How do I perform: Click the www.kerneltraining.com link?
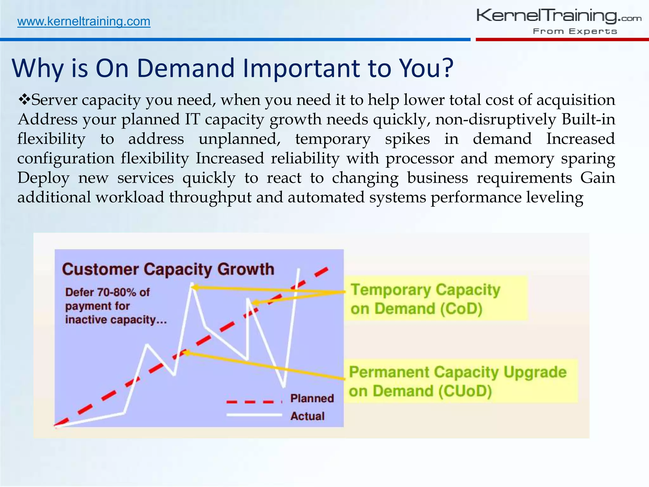[x=84, y=22]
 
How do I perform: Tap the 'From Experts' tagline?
[x=575, y=31]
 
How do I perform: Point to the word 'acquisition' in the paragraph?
[x=575, y=100]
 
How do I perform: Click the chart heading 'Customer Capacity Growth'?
[x=168, y=269]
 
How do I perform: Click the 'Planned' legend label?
[x=312, y=398]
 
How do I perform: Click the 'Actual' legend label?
[x=307, y=416]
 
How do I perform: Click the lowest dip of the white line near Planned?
[x=284, y=386]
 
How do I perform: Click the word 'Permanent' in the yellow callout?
[x=389, y=372]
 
